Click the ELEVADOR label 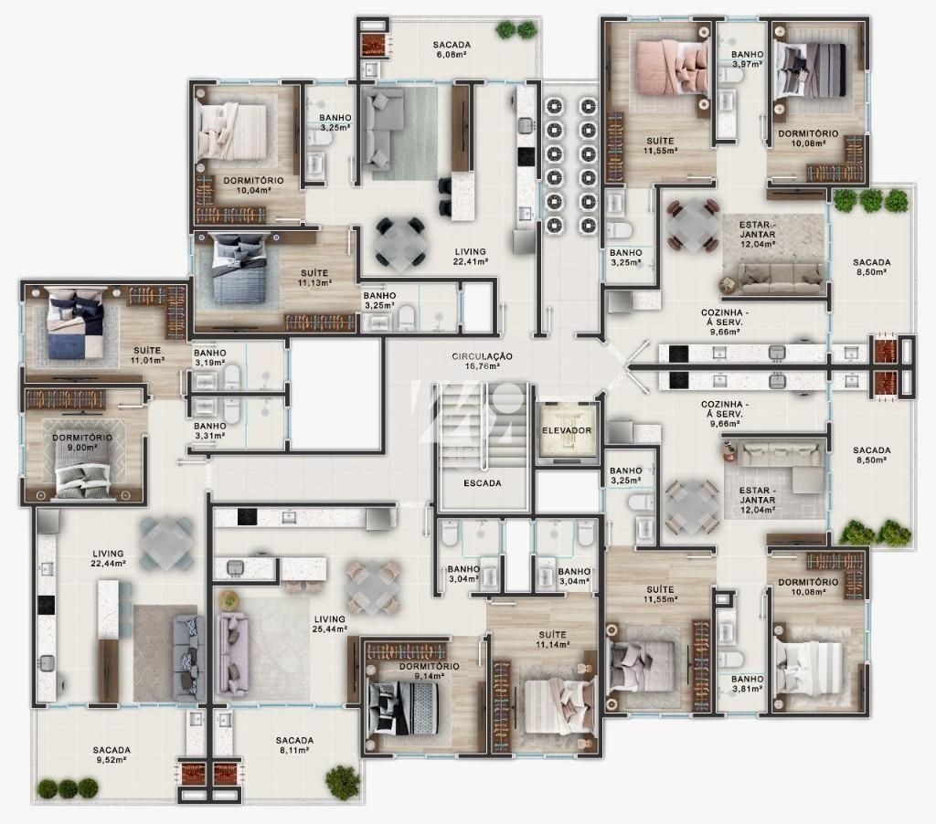click(x=566, y=430)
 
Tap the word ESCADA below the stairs click(x=482, y=483)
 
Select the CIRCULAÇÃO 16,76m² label click(x=482, y=361)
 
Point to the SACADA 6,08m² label click(x=452, y=48)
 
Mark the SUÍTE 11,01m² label click(x=148, y=354)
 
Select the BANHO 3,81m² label click(x=747, y=684)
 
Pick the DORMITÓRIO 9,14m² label click(x=429, y=671)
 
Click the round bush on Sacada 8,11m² click(x=342, y=780)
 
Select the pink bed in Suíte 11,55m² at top click(x=668, y=69)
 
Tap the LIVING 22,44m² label click(x=109, y=558)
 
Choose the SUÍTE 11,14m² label click(x=552, y=639)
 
